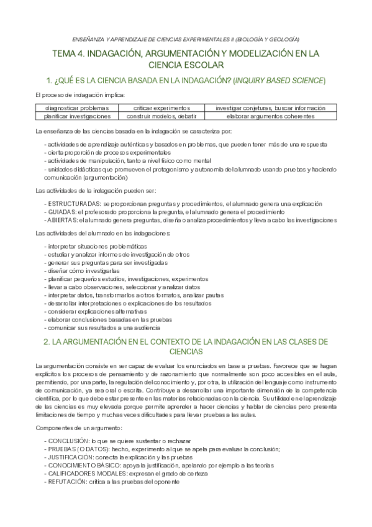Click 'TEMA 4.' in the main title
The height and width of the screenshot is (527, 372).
click(70, 55)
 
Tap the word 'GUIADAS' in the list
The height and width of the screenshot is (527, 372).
click(62, 211)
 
